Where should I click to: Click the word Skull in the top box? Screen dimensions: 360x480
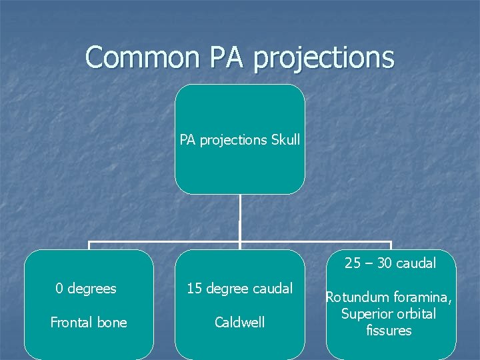(286, 140)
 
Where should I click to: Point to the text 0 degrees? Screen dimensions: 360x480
(86, 289)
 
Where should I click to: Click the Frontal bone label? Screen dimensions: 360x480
(89, 323)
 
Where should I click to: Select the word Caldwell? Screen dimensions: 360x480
(239, 323)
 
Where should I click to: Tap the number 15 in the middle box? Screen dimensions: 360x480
(195, 289)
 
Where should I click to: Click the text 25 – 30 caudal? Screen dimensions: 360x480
(391, 263)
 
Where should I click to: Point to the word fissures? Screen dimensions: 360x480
(389, 331)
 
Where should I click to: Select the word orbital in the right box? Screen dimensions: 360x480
(416, 314)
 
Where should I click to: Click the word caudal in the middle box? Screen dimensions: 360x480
(272, 289)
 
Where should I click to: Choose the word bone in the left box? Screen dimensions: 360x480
(112, 323)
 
